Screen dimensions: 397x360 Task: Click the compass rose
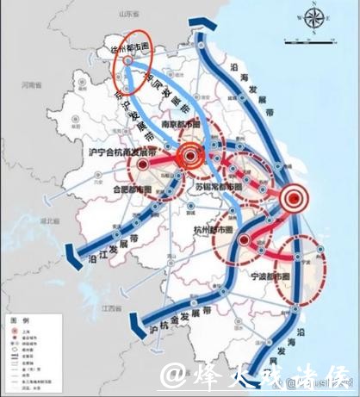tap(313, 18)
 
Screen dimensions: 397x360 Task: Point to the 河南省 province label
tap(33, 85)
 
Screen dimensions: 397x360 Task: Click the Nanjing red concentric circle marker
tap(191, 158)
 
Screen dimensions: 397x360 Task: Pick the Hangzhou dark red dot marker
tap(245, 239)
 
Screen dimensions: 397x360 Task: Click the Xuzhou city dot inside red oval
tap(127, 62)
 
